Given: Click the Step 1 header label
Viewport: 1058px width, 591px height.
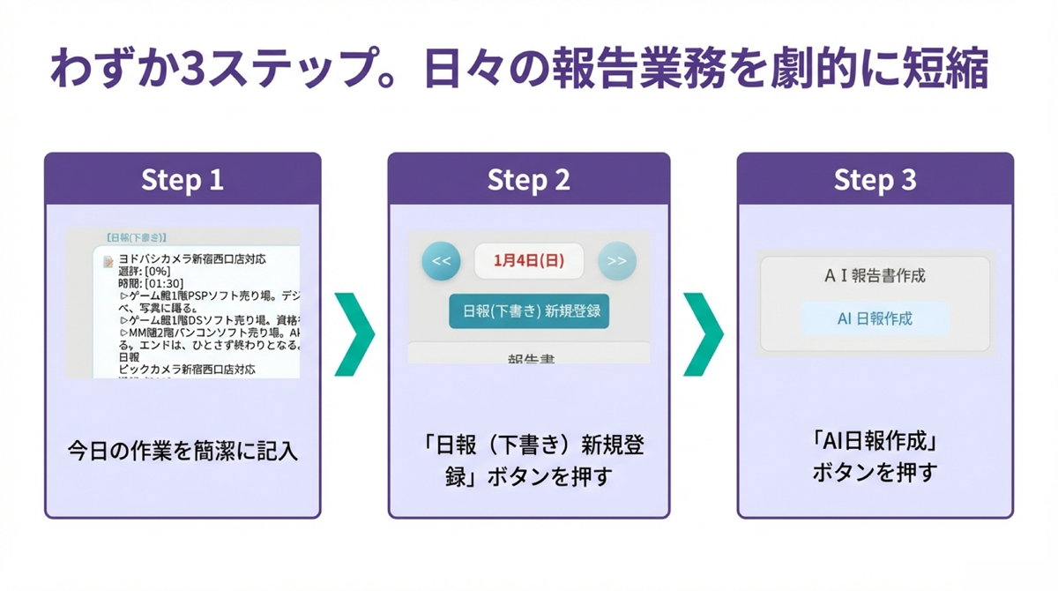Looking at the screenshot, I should (183, 180).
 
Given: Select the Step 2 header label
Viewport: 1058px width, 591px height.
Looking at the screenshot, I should (529, 180).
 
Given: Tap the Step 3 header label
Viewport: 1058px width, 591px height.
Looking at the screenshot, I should (875, 180).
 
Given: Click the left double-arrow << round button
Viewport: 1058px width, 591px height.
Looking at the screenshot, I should (442, 261).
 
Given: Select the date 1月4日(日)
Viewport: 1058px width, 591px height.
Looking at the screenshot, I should (529, 261).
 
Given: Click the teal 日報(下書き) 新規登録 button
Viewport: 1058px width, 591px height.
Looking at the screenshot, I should (529, 312).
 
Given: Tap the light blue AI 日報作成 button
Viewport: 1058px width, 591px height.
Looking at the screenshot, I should (875, 318).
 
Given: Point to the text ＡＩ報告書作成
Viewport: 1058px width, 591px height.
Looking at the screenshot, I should (875, 276).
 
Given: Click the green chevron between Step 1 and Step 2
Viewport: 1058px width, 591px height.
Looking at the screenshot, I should (354, 334).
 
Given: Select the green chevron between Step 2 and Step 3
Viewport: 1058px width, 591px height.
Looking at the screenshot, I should (703, 334).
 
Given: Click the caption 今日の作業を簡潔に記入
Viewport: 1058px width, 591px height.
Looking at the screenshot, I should (183, 452).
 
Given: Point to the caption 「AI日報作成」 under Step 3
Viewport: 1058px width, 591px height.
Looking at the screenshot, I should (875, 440).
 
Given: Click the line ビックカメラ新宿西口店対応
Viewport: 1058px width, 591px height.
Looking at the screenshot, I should (186, 370).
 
